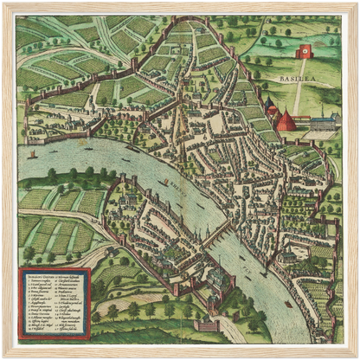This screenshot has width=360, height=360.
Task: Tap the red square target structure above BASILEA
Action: click(x=304, y=52)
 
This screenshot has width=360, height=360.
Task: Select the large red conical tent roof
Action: click(x=286, y=120)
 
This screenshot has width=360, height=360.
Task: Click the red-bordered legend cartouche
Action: click(x=55, y=302)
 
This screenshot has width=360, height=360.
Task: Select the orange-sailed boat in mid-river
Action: click(x=165, y=183)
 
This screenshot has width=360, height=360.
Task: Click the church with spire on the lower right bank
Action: click(x=286, y=256)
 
